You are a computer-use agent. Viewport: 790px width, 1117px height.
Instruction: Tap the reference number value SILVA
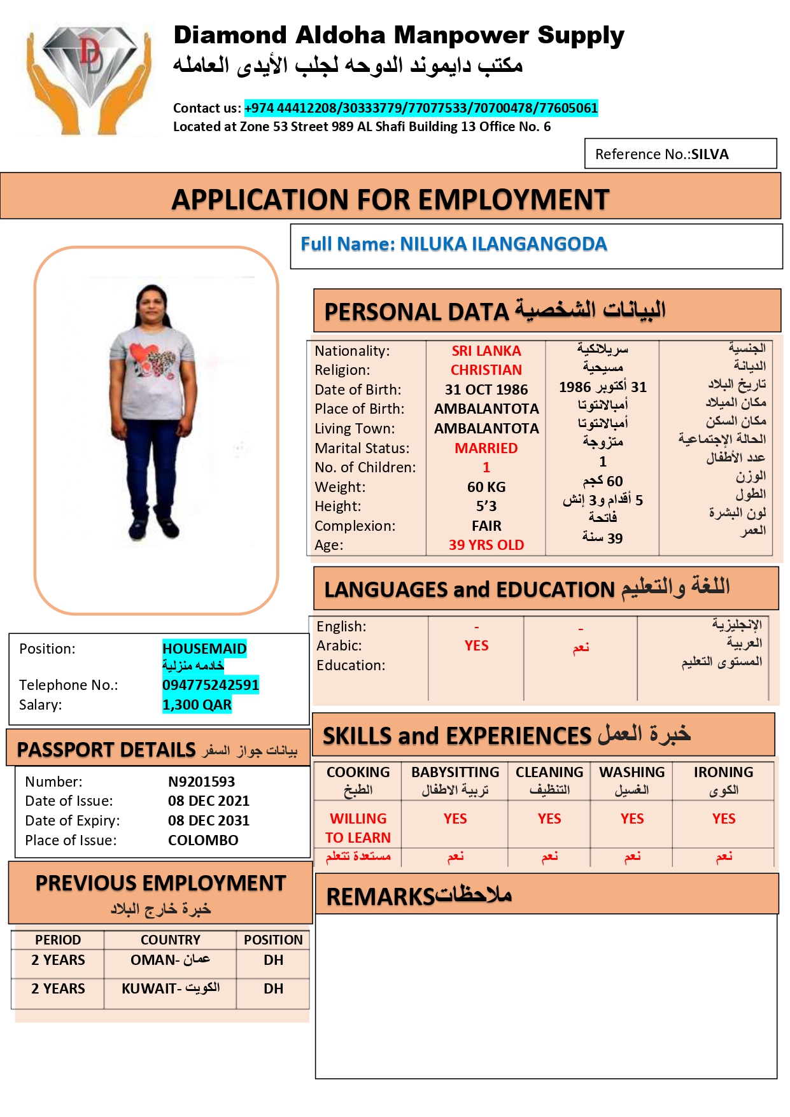coord(710,154)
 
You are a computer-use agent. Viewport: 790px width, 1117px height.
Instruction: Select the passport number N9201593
coord(201,782)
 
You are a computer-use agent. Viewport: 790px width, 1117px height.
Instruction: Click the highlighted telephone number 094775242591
coord(210,685)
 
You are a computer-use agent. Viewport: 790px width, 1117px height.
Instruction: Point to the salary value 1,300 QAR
coord(197,705)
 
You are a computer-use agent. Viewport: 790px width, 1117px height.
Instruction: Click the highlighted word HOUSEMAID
coord(204,649)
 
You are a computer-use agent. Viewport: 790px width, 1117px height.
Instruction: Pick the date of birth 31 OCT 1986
coord(486,390)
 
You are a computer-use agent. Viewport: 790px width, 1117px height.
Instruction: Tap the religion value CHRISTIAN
coord(486,370)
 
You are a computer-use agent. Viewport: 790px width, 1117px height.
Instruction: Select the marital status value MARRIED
coord(486,448)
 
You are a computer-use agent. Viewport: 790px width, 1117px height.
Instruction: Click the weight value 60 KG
coord(486,487)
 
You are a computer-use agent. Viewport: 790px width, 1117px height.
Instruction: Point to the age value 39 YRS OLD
coord(486,545)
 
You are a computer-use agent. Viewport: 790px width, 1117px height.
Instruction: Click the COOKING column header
coord(358,772)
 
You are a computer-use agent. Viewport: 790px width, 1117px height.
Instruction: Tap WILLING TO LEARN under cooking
coord(358,828)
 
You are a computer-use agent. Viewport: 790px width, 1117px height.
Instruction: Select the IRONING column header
coord(723,772)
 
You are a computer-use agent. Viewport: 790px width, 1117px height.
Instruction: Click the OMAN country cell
coord(170,960)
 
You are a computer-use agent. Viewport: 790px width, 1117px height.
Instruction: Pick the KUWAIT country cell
coord(170,988)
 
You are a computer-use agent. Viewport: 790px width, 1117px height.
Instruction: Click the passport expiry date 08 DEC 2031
coord(209,820)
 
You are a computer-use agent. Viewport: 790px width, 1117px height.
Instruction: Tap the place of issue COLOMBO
coord(203,840)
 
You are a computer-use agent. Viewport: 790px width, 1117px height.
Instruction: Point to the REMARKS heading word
coord(380,897)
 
